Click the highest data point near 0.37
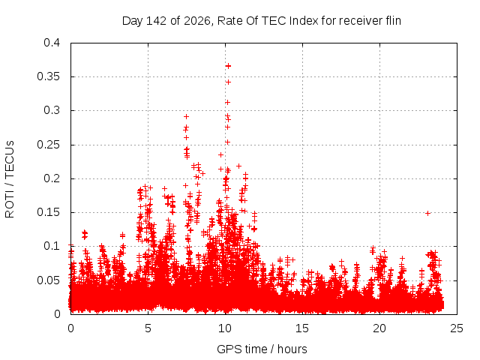228,66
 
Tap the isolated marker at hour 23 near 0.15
428,213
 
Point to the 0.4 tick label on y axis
52,43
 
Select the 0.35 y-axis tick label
48,76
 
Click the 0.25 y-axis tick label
48,145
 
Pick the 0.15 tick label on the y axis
48,212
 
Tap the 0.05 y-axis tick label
48,280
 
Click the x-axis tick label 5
148,328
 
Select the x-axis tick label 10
225,328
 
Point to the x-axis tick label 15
302,328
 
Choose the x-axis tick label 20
379,328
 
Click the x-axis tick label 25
457,328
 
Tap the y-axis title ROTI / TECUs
10,179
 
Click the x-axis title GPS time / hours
262,349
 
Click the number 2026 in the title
197,21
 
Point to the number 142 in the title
156,21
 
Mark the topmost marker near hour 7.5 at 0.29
186,117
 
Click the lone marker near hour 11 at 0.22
238,166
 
